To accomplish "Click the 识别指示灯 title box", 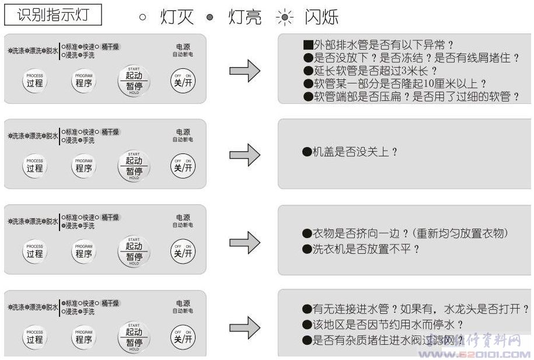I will point(53,15).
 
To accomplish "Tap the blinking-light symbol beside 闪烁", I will point(284,17).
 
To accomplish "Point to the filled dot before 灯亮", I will point(210,17).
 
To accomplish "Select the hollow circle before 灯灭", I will point(142,17).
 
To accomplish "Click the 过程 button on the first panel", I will point(35,81).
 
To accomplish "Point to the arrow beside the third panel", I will point(245,242).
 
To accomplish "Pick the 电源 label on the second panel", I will point(183,132).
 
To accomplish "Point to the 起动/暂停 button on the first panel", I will point(134,81).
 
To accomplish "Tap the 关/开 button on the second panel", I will point(183,166).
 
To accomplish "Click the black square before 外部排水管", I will point(308,45).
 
